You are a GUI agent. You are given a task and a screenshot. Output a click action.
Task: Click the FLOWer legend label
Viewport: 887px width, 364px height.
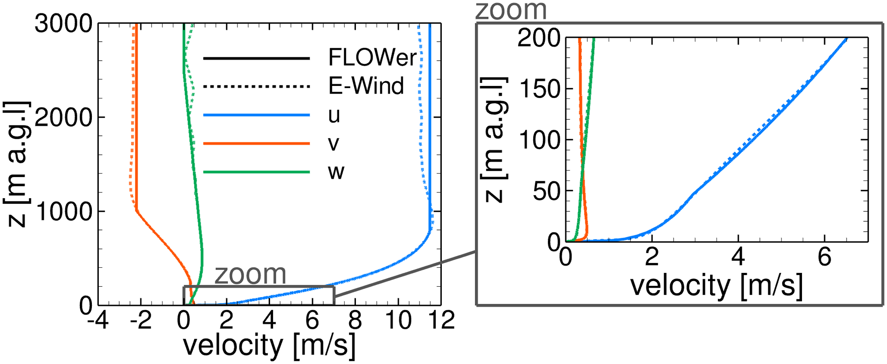[372, 58]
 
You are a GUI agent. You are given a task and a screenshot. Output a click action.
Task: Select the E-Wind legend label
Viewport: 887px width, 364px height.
[366, 86]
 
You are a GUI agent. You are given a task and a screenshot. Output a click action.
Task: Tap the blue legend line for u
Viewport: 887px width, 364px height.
[257, 115]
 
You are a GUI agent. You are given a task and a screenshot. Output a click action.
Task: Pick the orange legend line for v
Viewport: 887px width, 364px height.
[257, 143]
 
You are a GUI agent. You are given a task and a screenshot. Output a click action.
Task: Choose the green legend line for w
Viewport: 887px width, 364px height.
[257, 172]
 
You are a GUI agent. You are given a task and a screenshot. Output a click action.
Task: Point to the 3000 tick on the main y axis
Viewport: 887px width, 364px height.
[64, 24]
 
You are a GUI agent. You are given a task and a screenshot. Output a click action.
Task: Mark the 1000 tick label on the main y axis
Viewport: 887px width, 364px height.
[64, 212]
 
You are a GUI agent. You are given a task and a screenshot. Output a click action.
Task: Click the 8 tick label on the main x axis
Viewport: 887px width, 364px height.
[355, 321]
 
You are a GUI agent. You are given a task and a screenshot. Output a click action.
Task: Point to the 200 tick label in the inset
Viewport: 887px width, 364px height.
[539, 39]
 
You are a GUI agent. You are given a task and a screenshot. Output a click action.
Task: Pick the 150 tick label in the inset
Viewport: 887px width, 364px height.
[539, 90]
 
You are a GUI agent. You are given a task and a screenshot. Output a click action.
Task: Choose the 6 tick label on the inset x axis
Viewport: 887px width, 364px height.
[824, 257]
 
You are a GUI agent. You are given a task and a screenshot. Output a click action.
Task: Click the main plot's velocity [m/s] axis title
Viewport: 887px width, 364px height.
[269, 345]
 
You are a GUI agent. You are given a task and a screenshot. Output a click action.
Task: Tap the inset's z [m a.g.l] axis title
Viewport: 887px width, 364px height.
[494, 139]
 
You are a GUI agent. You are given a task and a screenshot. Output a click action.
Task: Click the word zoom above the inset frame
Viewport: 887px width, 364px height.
[511, 10]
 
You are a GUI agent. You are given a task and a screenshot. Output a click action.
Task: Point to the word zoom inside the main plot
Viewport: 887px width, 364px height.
[251, 274]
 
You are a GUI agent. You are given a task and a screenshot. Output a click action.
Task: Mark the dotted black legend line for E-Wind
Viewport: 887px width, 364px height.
[257, 86]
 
